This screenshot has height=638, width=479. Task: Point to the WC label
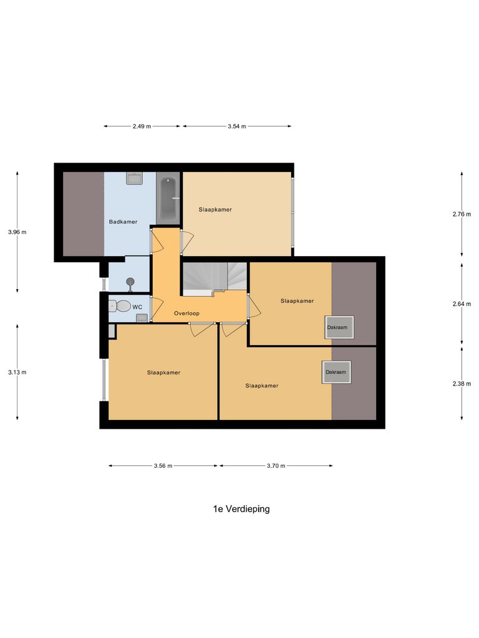tap(137, 307)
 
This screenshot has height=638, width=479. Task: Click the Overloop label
tap(186, 313)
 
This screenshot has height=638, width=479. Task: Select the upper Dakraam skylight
tap(339, 328)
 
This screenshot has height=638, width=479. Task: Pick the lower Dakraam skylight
tap(335, 372)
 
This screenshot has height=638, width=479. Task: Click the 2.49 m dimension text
tap(142, 126)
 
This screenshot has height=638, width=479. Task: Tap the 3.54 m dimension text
tap(236, 126)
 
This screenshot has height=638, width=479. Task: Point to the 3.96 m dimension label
tap(17, 232)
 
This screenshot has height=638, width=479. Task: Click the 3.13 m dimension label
tap(17, 372)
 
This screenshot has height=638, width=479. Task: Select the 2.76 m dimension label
tap(462, 214)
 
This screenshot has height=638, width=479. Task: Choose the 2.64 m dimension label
tap(462, 304)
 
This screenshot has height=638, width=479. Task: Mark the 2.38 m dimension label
tap(462, 384)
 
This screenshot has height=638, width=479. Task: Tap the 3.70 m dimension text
tap(275, 465)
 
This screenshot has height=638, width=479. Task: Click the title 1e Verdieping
tap(241, 509)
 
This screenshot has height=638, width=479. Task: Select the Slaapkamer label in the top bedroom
tap(215, 209)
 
